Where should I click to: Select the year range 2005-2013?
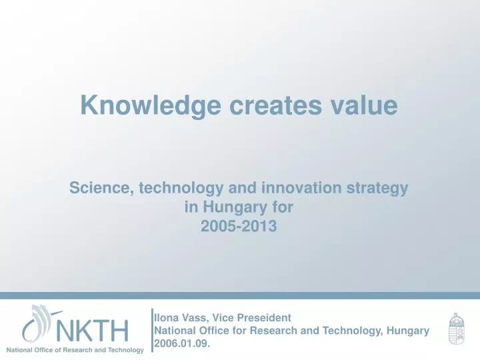click(x=239, y=226)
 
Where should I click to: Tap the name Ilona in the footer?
click(x=166, y=319)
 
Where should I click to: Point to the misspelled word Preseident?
click(x=265, y=319)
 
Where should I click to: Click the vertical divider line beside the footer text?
click(x=151, y=330)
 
